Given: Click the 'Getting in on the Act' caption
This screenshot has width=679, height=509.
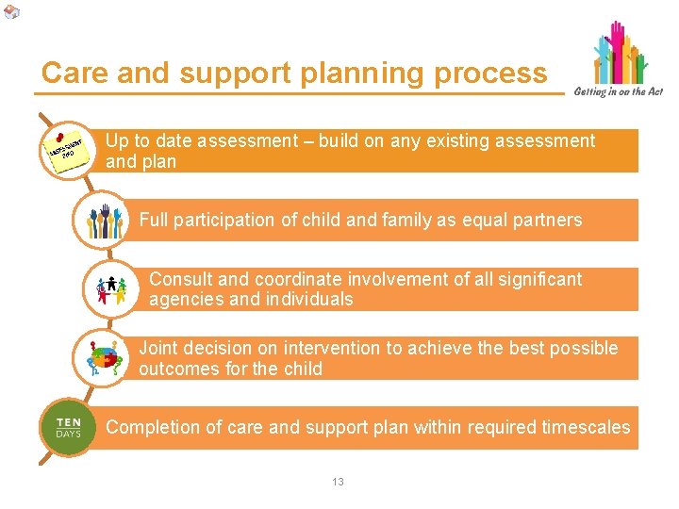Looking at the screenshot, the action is pyautogui.click(x=618, y=91).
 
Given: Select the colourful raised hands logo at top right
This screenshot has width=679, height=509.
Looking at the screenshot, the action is pyautogui.click(x=620, y=54).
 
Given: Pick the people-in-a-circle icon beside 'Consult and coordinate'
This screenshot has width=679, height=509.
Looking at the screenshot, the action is pyautogui.click(x=112, y=289).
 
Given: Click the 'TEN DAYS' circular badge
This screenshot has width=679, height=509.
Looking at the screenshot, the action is pyautogui.click(x=68, y=428).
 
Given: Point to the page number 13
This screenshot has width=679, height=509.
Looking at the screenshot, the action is pyautogui.click(x=338, y=482).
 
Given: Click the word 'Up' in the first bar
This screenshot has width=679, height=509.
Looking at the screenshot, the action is pyautogui.click(x=117, y=141).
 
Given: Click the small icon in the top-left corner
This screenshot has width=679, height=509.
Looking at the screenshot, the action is pyautogui.click(x=10, y=11).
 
